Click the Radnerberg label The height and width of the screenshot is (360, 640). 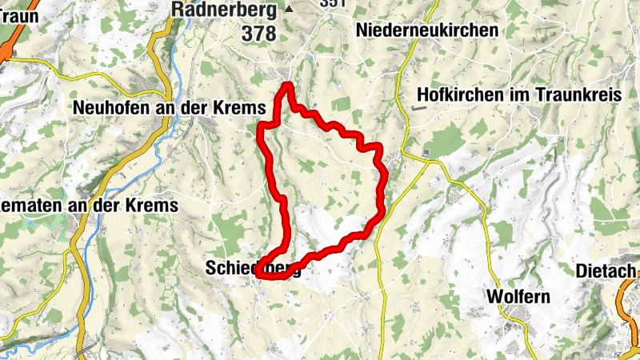[225, 10]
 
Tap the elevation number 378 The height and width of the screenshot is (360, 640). [258, 34]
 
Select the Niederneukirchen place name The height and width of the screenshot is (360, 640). [429, 30]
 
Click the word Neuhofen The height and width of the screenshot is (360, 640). [109, 107]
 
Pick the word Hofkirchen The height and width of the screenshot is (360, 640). [458, 94]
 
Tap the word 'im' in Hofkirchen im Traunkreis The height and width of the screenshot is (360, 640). [514, 94]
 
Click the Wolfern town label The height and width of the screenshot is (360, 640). [518, 297]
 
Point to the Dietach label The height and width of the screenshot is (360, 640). [604, 271]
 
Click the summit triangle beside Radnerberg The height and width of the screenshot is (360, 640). [290, 10]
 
